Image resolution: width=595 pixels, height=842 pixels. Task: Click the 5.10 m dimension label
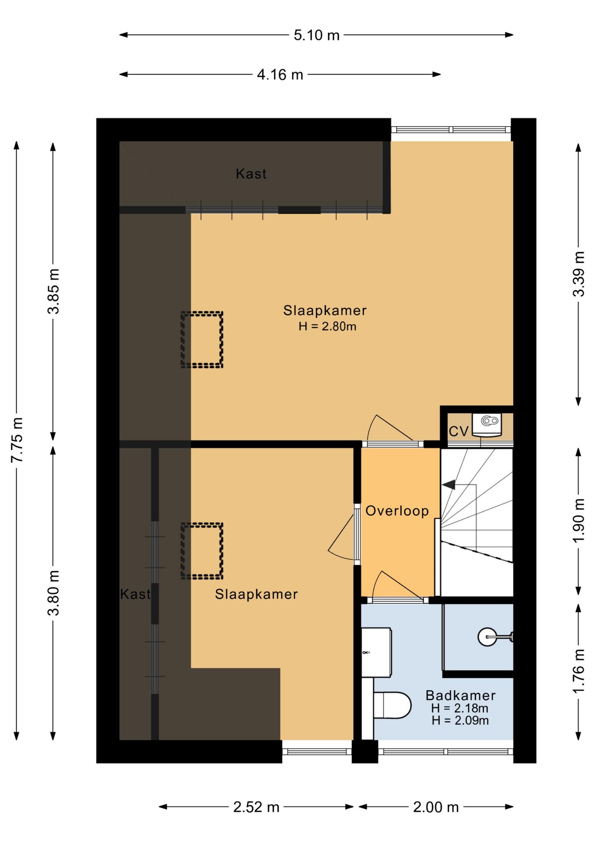316,35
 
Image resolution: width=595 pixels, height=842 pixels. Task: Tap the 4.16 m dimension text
280,75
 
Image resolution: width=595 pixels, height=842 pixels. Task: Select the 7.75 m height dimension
17,440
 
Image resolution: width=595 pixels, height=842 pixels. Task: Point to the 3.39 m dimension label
579,274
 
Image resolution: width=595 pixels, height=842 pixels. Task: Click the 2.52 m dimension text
256,807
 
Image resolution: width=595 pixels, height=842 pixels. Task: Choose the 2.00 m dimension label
436,807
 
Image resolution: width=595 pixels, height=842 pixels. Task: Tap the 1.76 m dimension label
579,671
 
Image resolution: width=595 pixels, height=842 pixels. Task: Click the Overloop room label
397,511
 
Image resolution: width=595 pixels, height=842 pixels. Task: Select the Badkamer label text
460,695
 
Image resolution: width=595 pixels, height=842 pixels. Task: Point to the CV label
459,432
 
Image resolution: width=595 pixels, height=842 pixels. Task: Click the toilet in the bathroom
392,705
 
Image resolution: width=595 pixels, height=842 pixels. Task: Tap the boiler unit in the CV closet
487,425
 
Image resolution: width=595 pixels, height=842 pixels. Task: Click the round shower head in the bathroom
487,637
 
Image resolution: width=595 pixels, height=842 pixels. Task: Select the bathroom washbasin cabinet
376,652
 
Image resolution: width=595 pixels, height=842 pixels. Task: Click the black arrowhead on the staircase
449,485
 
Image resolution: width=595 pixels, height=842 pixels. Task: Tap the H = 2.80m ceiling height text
327,326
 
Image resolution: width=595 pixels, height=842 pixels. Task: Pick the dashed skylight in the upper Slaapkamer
202,339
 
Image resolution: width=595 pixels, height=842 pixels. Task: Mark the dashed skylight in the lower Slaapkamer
202,551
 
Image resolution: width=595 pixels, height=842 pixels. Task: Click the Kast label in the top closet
251,174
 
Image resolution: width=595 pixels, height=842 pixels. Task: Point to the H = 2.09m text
460,720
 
